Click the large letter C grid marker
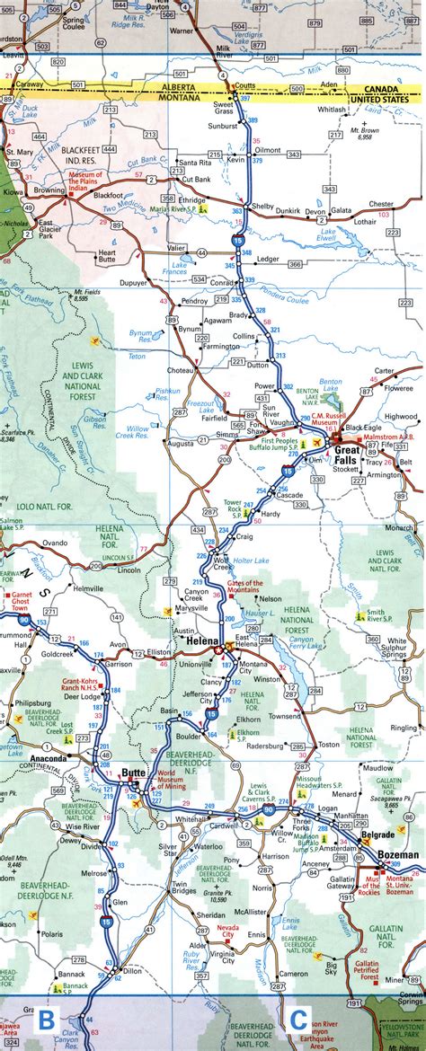tap(298, 1020)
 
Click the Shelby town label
tap(262, 206)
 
